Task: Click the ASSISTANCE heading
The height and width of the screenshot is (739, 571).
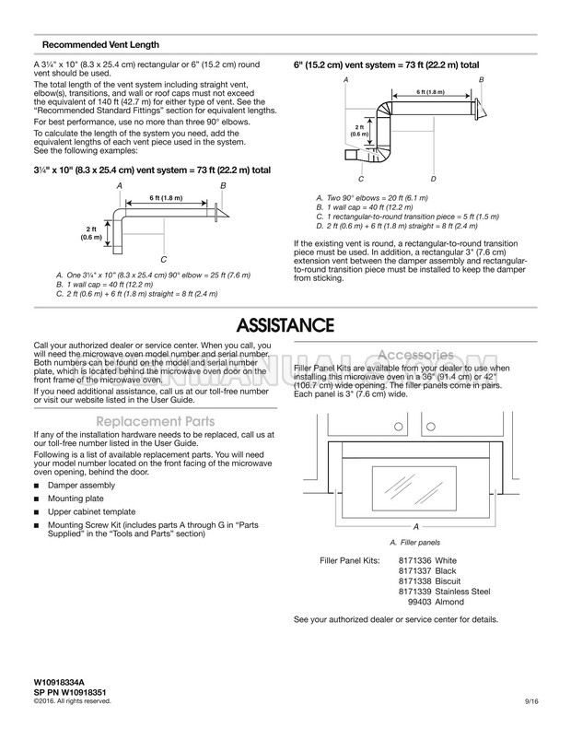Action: [x=285, y=325]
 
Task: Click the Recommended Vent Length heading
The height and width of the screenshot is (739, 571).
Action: [x=100, y=45]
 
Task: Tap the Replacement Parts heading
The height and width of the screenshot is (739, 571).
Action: [x=156, y=421]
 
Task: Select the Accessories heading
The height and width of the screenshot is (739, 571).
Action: [x=415, y=355]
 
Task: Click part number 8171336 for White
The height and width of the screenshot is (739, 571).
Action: [x=414, y=560]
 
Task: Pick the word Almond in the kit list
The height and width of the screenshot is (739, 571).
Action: [x=449, y=602]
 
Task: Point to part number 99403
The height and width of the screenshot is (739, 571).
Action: [x=419, y=602]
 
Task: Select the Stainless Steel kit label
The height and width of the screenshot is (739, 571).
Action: [x=462, y=592]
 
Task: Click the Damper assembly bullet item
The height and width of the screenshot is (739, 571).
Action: [x=81, y=485]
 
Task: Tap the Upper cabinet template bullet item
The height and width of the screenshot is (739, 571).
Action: [x=91, y=511]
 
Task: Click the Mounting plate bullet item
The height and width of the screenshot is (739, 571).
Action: [x=76, y=499]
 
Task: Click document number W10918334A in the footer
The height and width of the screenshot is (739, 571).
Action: [x=59, y=682]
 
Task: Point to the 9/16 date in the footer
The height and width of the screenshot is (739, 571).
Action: [x=531, y=701]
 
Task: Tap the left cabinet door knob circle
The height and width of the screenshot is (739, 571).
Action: [x=399, y=427]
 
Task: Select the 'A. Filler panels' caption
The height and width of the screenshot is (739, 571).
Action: [x=414, y=543]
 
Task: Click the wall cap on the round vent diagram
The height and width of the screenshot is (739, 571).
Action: [x=479, y=109]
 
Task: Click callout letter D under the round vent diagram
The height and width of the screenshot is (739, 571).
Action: [x=434, y=179]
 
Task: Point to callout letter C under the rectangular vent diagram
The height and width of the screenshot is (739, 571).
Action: [x=164, y=260]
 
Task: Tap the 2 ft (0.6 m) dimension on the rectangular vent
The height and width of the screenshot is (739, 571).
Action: [x=91, y=233]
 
